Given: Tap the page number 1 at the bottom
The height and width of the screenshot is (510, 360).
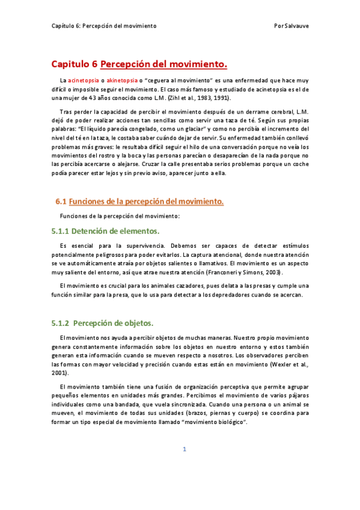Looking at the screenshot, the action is (x=185, y=466).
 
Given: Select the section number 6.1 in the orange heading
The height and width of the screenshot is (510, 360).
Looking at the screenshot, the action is (x=60, y=201).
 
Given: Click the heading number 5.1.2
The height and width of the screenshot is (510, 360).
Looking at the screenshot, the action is (x=61, y=323).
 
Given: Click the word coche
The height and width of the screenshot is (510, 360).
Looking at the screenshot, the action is (x=298, y=164).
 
